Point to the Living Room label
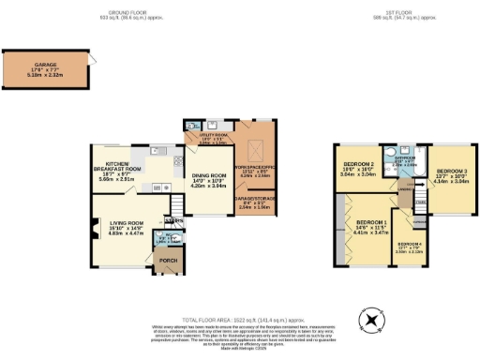click(x=126, y=227)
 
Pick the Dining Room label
click(x=212, y=181)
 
